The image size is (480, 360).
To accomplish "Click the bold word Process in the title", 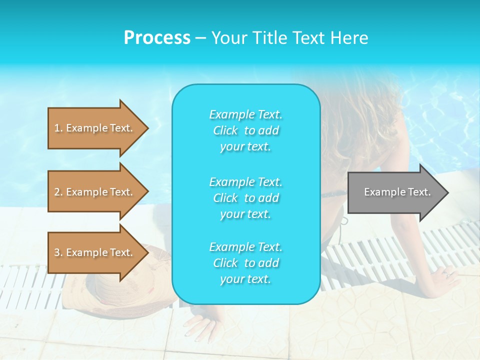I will (x=157, y=38).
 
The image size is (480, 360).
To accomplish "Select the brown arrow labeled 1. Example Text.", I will (x=95, y=128).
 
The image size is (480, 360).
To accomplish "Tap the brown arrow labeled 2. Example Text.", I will (x=95, y=192).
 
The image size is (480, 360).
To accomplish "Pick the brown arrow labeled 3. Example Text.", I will (x=95, y=252).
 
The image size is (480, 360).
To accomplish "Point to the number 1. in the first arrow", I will (x=58, y=128).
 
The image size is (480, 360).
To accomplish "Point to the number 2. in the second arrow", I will (x=58, y=192).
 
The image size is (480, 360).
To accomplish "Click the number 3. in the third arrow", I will (x=58, y=252).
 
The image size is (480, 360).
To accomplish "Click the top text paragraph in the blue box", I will (x=245, y=130).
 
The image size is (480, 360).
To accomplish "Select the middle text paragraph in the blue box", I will (x=245, y=198).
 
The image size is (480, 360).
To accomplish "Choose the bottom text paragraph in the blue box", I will (x=245, y=263).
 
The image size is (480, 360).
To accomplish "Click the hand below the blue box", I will (x=200, y=327).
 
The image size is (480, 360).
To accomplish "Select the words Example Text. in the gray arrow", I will (x=397, y=192).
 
